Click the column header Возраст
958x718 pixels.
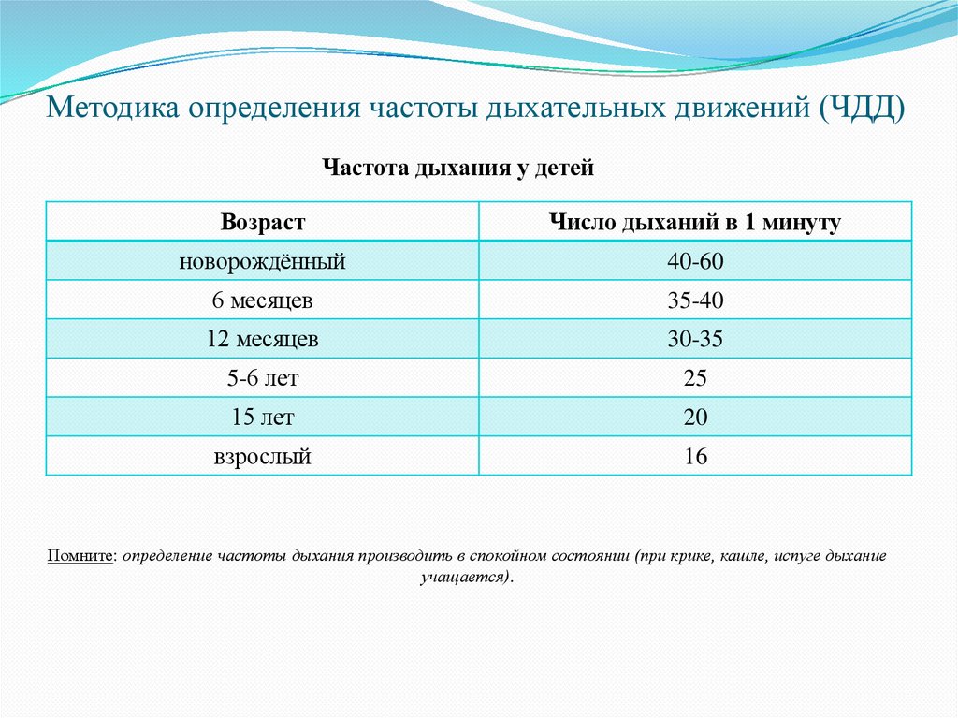click(263, 223)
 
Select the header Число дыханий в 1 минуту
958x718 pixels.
click(694, 223)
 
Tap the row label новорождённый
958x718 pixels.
click(263, 262)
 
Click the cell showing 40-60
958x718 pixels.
click(695, 262)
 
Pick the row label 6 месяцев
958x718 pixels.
click(263, 301)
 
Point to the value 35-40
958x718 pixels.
click(695, 301)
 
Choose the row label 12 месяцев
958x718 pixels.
click(263, 340)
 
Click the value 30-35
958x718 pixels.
click(695, 340)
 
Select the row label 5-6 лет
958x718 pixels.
click(263, 379)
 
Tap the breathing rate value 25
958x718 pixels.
click(695, 379)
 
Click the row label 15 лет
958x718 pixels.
click(263, 418)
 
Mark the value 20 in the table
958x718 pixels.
click(695, 418)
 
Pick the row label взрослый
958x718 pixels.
click(263, 457)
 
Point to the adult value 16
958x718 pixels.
click(695, 457)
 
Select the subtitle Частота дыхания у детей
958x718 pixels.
click(458, 169)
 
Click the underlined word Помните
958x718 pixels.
click(81, 556)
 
